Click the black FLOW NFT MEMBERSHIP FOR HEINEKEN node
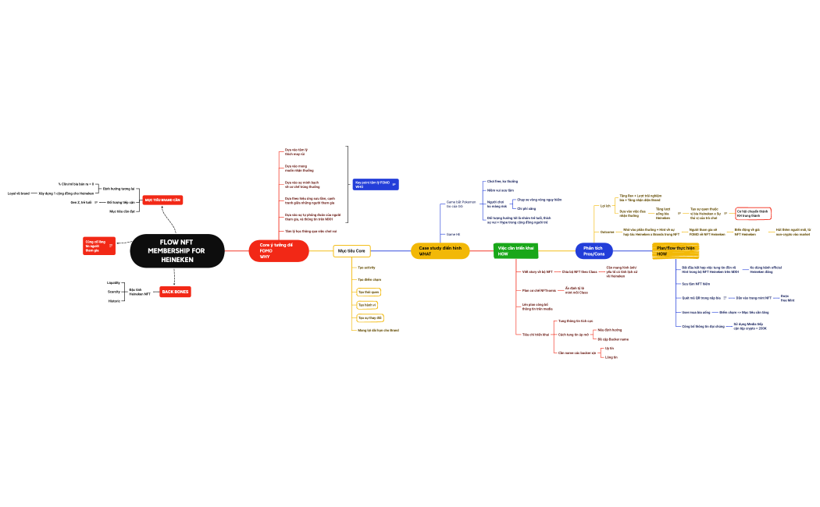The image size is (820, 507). tap(176, 250)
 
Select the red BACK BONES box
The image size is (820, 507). tap(175, 292)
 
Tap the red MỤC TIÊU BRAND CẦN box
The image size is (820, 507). tap(162, 200)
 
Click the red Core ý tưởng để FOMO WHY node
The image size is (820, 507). tap(278, 250)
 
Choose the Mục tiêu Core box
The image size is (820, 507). tap(351, 250)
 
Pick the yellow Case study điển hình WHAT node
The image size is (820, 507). tap(440, 250)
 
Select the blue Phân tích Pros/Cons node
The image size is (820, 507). tap(594, 250)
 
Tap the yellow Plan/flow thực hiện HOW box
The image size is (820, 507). tap(675, 250)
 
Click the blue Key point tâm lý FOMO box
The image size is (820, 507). tap(376, 184)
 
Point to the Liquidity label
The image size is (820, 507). tap(113, 282)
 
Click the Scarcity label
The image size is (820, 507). tap(114, 292)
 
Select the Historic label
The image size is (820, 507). tap(113, 300)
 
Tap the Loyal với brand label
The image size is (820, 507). tap(19, 193)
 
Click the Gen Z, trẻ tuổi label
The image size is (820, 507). tap(81, 202)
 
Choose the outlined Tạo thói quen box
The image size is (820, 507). tap(369, 292)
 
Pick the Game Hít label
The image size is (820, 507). tap(452, 234)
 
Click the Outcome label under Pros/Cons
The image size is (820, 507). tap(607, 232)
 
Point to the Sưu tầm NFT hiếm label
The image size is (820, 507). tap(695, 284)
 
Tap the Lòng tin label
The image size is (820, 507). tap(611, 357)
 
